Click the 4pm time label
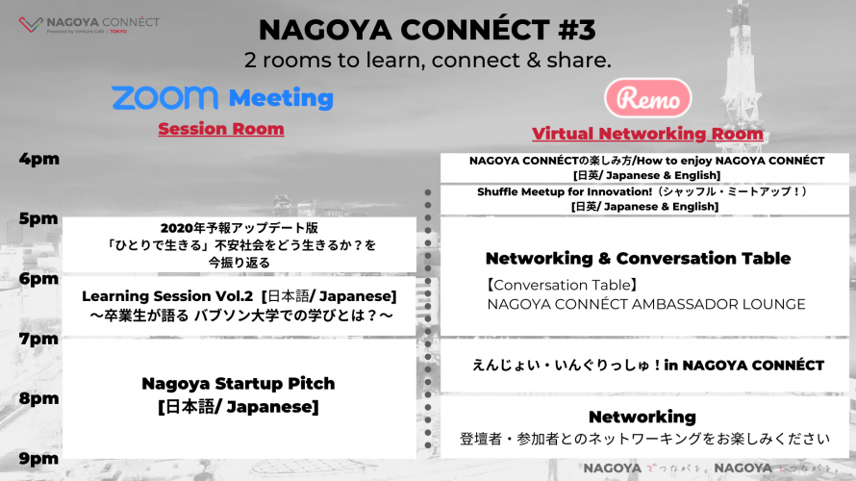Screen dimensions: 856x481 38,159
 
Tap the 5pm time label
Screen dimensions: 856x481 38,218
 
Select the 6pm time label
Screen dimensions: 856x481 38,278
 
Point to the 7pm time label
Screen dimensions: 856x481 38,339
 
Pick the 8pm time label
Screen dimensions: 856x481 38,398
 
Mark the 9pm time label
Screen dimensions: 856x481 38,459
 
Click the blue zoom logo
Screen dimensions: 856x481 164,98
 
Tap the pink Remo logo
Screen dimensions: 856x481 648,98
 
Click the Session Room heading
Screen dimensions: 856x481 221,129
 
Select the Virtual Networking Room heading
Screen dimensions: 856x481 647,134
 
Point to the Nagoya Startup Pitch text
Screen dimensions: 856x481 238,383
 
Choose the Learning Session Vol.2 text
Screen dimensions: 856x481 167,296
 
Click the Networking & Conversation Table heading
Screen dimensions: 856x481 639,258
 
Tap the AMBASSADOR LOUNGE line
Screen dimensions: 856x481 646,304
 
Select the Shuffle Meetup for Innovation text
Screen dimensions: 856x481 557,191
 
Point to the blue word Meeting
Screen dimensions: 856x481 281,98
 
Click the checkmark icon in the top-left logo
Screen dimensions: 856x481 31,24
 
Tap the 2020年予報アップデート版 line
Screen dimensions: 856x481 239,228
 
